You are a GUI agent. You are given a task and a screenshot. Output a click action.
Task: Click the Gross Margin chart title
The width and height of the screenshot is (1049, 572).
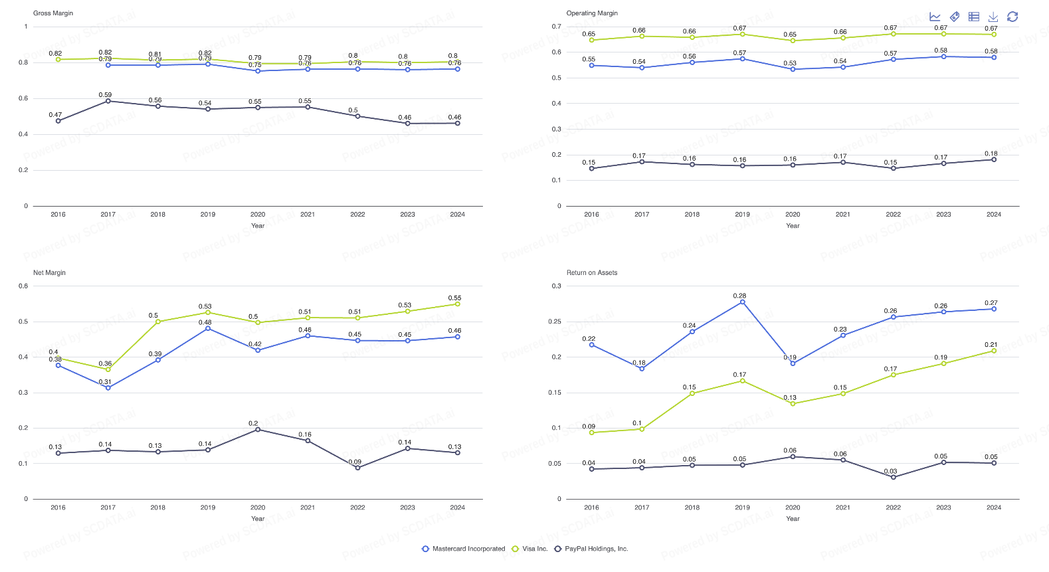tap(53, 13)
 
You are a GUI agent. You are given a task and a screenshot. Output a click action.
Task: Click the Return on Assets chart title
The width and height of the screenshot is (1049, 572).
tap(591, 273)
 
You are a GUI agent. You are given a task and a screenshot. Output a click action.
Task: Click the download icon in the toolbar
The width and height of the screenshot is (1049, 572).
tap(993, 17)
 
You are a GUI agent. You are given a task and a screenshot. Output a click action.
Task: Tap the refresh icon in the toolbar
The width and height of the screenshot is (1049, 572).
tap(1012, 17)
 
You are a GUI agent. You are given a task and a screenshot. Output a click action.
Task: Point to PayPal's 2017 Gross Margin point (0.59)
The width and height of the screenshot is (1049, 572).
tap(108, 101)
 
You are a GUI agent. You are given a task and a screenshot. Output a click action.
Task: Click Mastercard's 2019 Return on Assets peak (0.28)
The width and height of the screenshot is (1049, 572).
tap(743, 302)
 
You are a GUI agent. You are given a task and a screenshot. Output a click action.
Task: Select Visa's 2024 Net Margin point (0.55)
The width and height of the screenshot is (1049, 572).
tap(458, 304)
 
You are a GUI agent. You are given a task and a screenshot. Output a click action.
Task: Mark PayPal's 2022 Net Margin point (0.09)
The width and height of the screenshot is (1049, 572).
tap(357, 468)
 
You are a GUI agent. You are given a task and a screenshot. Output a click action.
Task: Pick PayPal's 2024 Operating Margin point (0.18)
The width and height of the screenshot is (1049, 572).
tap(994, 159)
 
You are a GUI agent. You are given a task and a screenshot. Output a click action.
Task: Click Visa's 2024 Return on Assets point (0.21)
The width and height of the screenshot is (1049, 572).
tap(994, 351)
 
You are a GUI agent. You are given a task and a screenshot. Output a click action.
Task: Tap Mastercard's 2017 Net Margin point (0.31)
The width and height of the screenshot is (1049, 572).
tap(108, 388)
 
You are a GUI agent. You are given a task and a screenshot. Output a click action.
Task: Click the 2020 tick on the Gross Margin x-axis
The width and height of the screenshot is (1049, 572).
tap(258, 215)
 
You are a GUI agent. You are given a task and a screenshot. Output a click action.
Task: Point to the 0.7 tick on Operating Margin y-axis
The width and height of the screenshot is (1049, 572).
tap(557, 27)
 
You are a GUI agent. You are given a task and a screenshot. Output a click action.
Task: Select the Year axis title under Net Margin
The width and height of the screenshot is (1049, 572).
tap(258, 519)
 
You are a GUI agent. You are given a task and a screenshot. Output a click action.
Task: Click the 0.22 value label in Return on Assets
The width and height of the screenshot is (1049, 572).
tap(589, 339)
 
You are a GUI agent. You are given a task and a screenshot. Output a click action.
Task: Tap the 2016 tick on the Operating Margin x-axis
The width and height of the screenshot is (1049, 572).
tap(591, 215)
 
